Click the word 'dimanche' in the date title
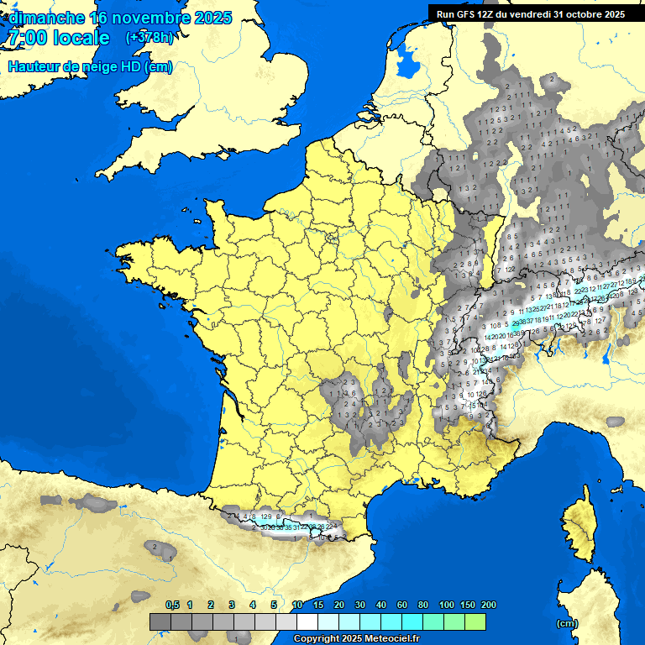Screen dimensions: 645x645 (x=46, y=18)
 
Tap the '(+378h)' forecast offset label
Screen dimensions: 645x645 (x=149, y=38)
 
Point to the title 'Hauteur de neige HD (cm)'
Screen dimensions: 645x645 (x=90, y=67)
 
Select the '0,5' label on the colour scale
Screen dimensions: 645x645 (x=172, y=606)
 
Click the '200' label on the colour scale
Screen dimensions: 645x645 (x=488, y=606)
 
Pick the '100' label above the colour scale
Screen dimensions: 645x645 (x=447, y=606)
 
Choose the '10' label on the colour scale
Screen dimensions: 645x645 (x=297, y=606)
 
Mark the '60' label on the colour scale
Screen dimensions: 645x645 (x=402, y=606)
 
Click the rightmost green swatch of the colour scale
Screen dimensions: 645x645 (x=475, y=621)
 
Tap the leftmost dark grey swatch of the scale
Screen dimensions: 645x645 (x=160, y=621)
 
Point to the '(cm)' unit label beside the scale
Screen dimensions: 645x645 (x=567, y=623)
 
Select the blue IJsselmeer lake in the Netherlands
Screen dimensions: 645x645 (x=408, y=59)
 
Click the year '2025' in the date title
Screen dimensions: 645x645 (x=213, y=18)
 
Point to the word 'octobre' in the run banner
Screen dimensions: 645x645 (x=585, y=14)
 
